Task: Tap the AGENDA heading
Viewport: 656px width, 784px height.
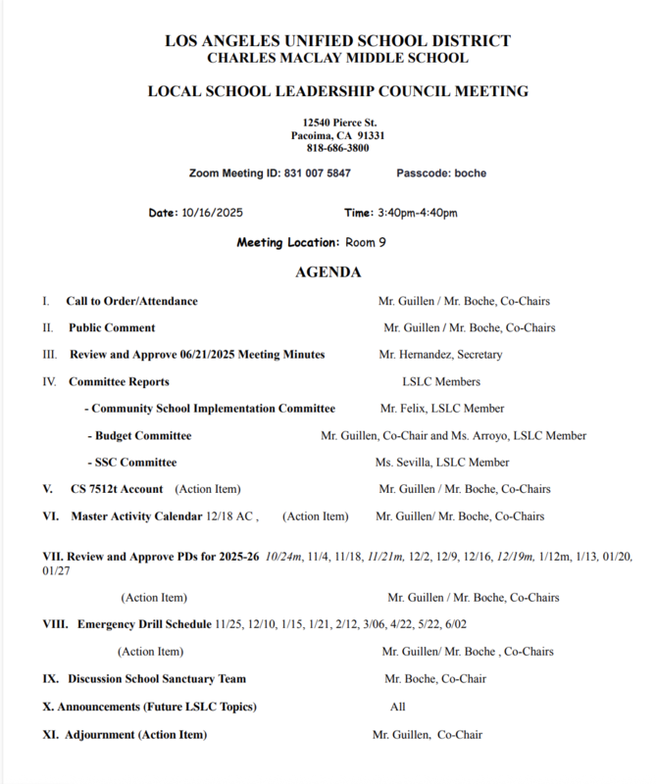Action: click(328, 271)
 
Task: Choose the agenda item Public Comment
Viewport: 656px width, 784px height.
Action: click(110, 327)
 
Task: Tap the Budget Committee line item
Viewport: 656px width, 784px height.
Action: click(142, 435)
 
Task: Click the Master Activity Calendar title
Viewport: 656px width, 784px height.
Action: click(136, 515)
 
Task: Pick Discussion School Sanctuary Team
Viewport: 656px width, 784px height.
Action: click(157, 678)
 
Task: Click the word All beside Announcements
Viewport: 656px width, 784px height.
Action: click(397, 706)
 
